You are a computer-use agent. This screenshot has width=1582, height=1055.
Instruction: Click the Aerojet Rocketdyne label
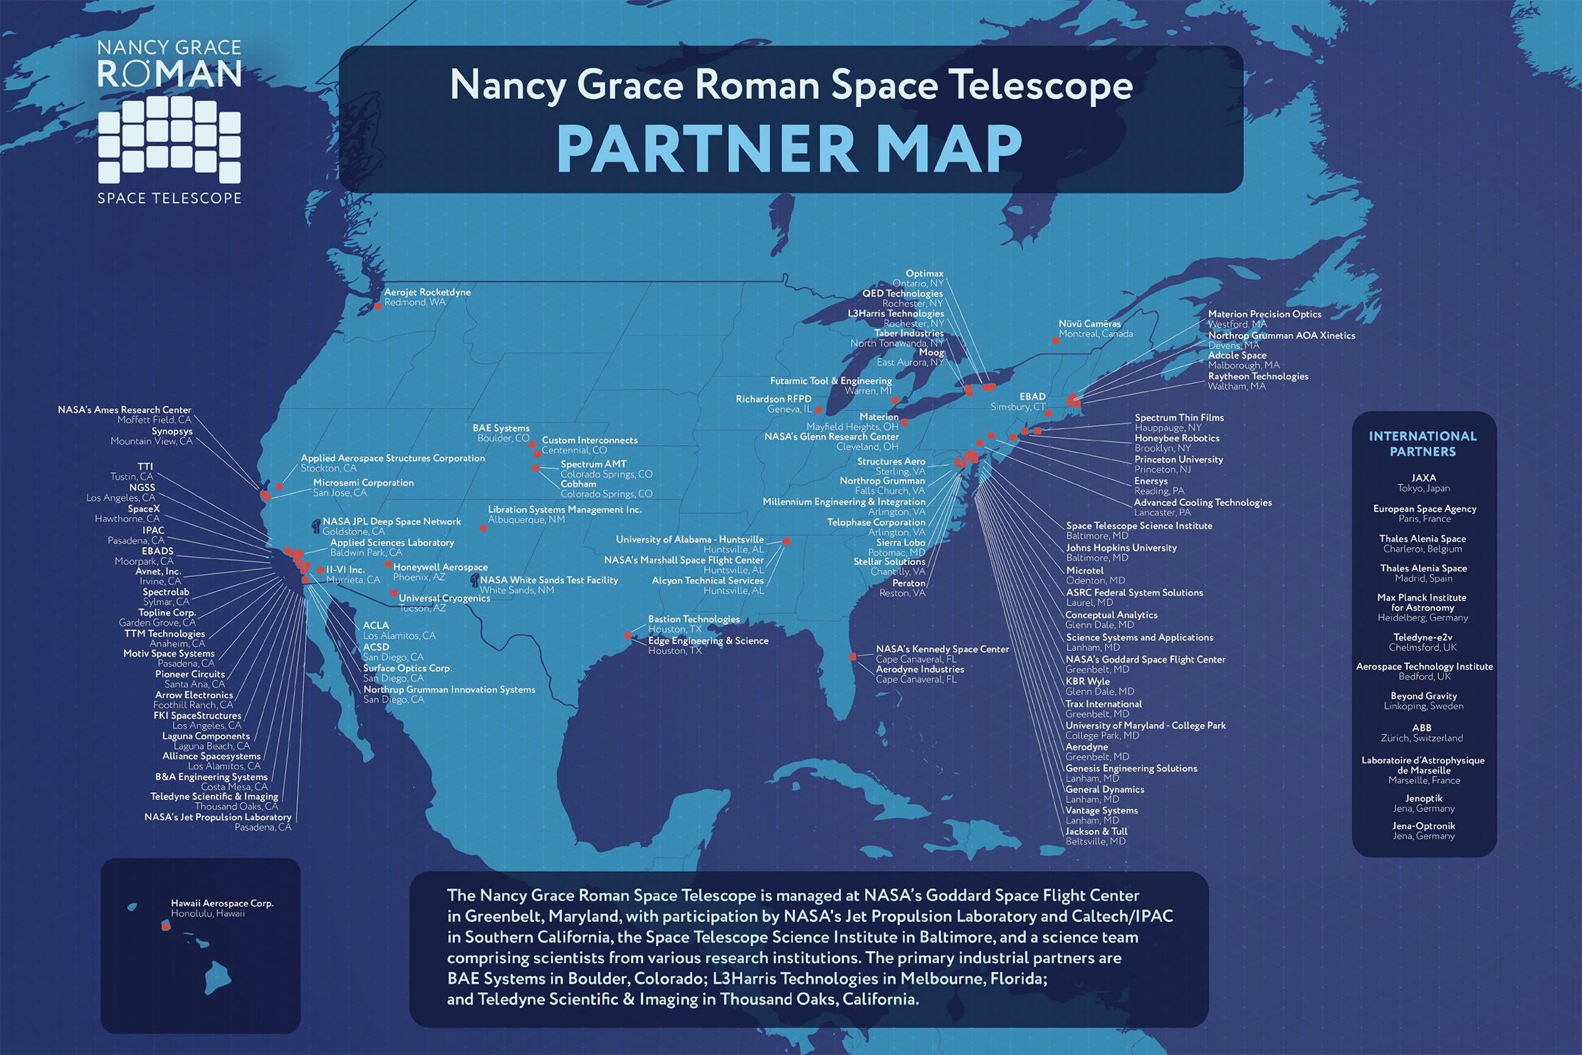(427, 292)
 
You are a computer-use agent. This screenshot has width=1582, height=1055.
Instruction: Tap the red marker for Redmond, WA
(378, 306)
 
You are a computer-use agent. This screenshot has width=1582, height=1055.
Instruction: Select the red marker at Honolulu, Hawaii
(165, 926)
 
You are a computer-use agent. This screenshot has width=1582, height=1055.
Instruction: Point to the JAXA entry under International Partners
(1423, 478)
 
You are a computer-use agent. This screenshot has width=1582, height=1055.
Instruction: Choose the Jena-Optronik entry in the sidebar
(1423, 826)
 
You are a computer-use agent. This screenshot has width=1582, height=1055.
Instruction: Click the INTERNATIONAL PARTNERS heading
(1423, 443)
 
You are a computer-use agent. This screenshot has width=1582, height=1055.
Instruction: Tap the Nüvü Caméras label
(1089, 323)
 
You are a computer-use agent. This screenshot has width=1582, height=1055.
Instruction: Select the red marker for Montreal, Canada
(1055, 341)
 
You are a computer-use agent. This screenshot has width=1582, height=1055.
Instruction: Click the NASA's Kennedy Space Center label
(942, 649)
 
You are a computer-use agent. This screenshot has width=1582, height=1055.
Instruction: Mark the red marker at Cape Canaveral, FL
(853, 657)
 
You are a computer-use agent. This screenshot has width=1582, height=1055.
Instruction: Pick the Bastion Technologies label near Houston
(693, 619)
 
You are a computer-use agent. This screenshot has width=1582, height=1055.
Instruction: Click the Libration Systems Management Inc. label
(565, 509)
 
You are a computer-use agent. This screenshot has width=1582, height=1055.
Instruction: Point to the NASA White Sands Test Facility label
(548, 580)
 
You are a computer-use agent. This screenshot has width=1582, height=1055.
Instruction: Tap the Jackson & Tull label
(1096, 831)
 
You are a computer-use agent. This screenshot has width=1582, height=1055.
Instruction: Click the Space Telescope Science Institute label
(1138, 526)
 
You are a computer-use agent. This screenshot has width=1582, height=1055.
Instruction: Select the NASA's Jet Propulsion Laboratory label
(218, 817)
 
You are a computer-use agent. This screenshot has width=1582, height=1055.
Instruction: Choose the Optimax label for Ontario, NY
(924, 274)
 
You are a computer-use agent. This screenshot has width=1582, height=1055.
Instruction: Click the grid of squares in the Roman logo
(169, 139)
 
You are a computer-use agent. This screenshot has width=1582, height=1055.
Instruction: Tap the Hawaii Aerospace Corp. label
(222, 903)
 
